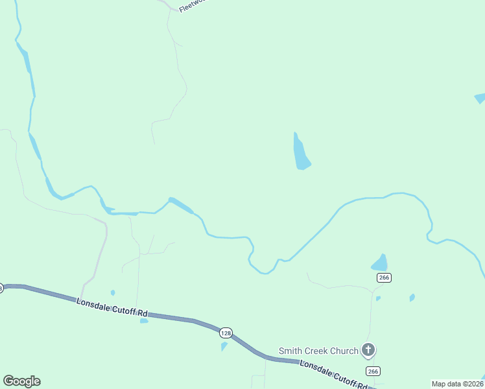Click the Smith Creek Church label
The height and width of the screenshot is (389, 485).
click(x=318, y=351)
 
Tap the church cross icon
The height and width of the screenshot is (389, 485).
click(x=368, y=351)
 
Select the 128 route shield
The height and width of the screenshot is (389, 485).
click(x=225, y=333)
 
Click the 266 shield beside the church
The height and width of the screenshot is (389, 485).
click(x=372, y=371)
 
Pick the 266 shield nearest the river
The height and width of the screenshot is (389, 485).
click(x=383, y=277)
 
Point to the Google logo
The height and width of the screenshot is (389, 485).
click(x=21, y=381)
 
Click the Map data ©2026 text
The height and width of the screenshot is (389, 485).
click(x=457, y=384)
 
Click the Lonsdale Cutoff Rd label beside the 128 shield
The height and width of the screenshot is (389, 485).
click(x=112, y=308)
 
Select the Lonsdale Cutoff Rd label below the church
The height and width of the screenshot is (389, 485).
click(x=333, y=375)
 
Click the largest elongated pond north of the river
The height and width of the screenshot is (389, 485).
click(x=301, y=153)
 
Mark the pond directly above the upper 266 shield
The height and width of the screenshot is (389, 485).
click(x=380, y=263)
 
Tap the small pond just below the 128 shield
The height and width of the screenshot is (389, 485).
click(x=224, y=346)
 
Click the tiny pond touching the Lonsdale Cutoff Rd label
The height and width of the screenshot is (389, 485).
click(x=144, y=320)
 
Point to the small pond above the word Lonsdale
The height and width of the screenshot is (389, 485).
click(x=113, y=292)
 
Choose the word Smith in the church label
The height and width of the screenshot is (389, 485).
click(x=290, y=351)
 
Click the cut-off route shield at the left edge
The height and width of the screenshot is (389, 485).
click(x=1, y=288)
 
